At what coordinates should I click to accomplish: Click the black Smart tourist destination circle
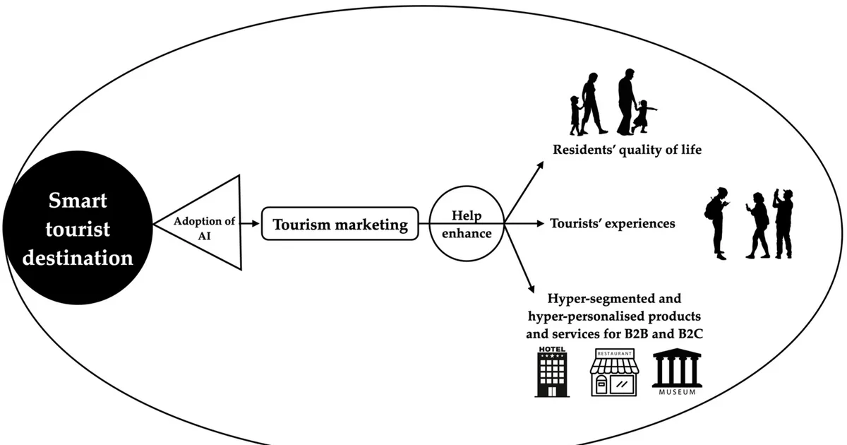tap(78, 227)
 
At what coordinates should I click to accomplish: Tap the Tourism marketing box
tap(340, 224)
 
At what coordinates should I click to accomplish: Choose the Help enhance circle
tap(467, 224)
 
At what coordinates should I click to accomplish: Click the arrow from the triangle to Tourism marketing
tap(251, 224)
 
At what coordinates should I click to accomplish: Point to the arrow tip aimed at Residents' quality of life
tap(543, 162)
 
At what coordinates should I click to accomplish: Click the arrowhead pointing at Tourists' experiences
tap(543, 224)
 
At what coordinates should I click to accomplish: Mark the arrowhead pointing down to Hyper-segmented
tap(533, 292)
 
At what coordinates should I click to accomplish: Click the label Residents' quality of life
tap(627, 150)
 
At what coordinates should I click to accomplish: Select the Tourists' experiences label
tap(612, 224)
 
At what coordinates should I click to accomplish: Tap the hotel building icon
tap(552, 372)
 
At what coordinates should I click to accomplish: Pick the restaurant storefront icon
tap(615, 373)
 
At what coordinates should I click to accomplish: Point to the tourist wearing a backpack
tap(717, 223)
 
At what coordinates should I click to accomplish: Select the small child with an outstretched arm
tap(643, 116)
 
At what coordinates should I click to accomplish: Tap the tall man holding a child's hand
tap(627, 102)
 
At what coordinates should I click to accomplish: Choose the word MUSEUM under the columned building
tap(677, 393)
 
